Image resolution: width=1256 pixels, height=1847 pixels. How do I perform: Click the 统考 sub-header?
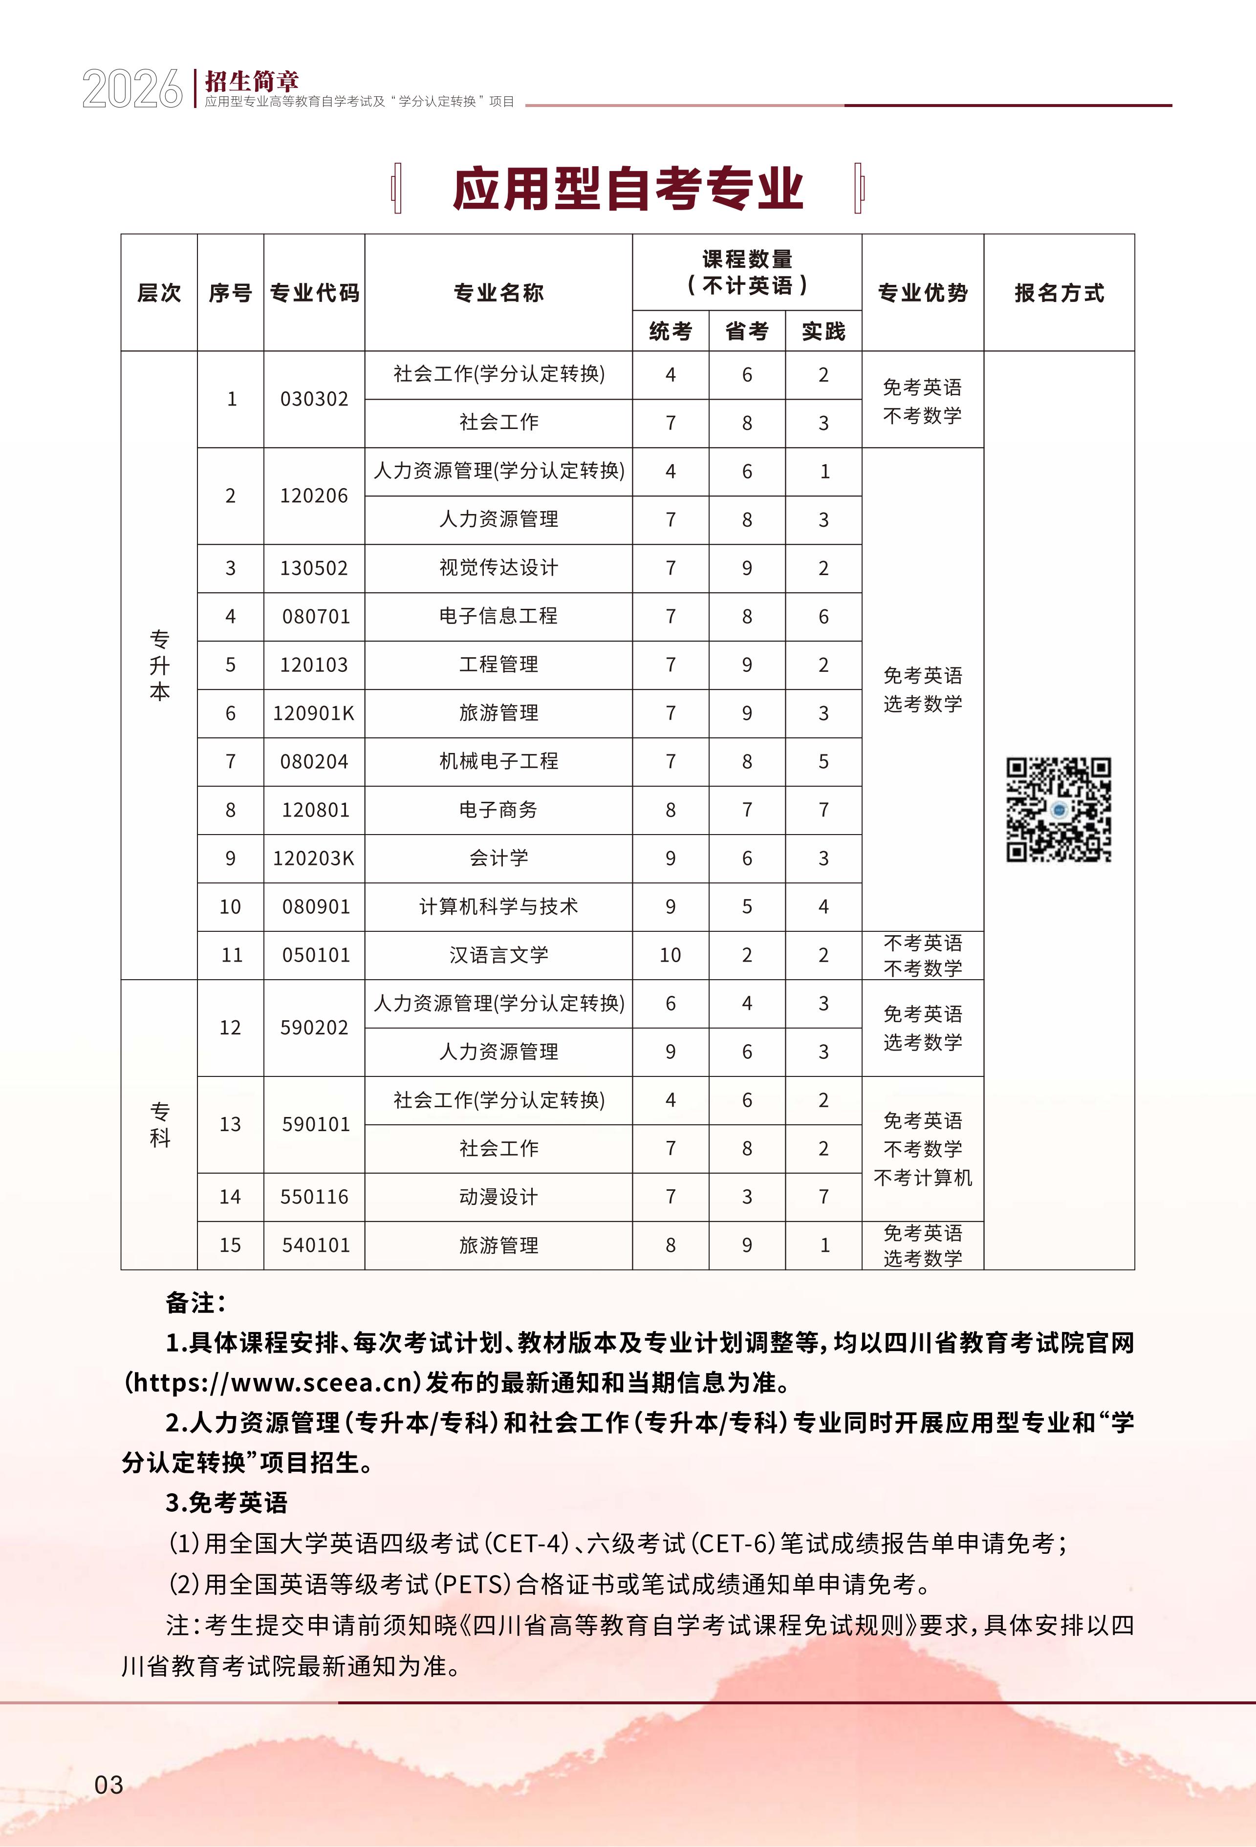(670, 331)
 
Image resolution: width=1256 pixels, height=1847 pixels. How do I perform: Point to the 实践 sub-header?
(823, 331)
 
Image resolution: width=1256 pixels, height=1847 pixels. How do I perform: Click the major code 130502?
(314, 567)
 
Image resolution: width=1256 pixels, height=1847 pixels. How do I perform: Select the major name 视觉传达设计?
(498, 567)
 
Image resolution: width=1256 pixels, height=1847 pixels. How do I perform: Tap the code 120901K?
(314, 713)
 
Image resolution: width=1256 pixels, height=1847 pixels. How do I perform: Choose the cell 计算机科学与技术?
(498, 906)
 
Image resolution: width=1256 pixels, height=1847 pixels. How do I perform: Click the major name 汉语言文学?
(498, 954)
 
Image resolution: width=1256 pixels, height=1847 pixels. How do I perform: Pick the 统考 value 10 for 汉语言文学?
(670, 954)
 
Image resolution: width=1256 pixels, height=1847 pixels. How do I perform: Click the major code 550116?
(314, 1196)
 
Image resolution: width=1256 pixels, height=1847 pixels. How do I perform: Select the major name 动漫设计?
(498, 1196)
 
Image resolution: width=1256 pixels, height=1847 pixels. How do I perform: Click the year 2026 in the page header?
(132, 88)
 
